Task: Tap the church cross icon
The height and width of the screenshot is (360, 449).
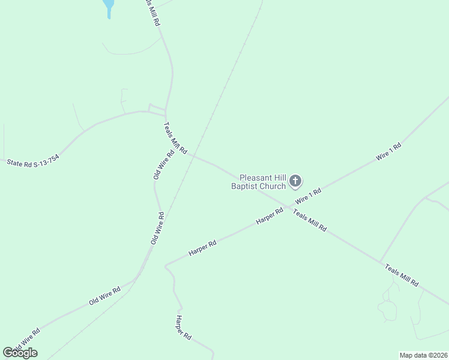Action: click(295, 181)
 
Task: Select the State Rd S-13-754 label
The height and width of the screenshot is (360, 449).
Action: click(33, 160)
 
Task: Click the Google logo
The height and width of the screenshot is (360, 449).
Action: click(20, 352)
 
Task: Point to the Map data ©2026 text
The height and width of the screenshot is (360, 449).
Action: click(423, 355)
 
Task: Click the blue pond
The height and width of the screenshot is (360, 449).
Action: click(109, 8)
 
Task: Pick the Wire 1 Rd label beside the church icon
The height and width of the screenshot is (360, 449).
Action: click(308, 197)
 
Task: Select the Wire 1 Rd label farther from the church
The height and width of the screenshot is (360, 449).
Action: click(388, 151)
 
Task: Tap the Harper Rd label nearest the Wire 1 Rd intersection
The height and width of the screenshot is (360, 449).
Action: click(269, 217)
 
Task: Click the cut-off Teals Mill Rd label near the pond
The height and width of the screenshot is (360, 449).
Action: click(154, 12)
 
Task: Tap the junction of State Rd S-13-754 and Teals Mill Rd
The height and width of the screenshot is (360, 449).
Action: click(164, 113)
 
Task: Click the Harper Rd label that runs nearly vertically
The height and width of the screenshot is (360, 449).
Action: click(183, 328)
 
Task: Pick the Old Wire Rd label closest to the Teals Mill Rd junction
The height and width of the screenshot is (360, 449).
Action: click(163, 164)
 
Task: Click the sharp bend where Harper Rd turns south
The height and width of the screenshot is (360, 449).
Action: click(166, 264)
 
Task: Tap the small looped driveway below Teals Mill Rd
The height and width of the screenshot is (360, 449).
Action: click(387, 310)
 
